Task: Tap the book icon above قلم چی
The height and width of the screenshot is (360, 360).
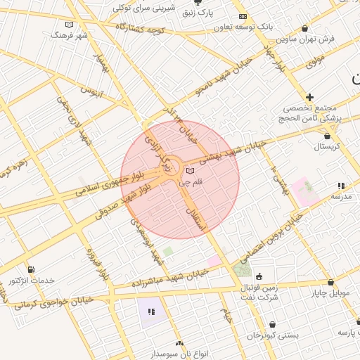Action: [190, 171]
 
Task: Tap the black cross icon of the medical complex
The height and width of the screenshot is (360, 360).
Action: [309, 96]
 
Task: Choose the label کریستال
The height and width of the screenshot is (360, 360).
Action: [327, 146]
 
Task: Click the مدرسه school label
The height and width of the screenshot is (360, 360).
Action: [341, 196]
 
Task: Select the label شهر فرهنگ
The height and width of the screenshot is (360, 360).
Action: [73, 34]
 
